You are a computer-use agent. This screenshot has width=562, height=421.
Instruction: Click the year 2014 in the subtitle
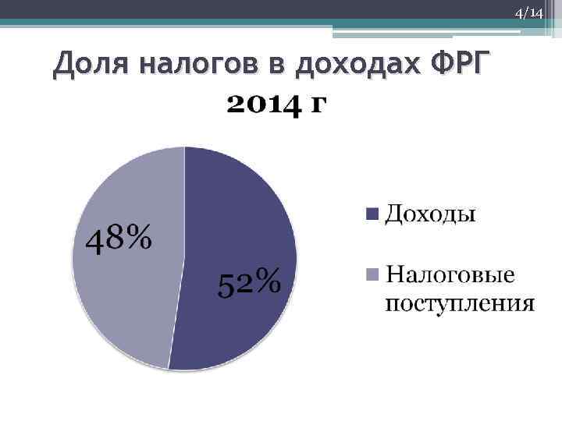click(x=262, y=104)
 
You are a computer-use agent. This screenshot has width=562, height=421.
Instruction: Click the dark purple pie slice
click(x=250, y=218)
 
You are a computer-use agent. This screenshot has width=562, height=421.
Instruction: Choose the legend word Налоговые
click(x=450, y=275)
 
